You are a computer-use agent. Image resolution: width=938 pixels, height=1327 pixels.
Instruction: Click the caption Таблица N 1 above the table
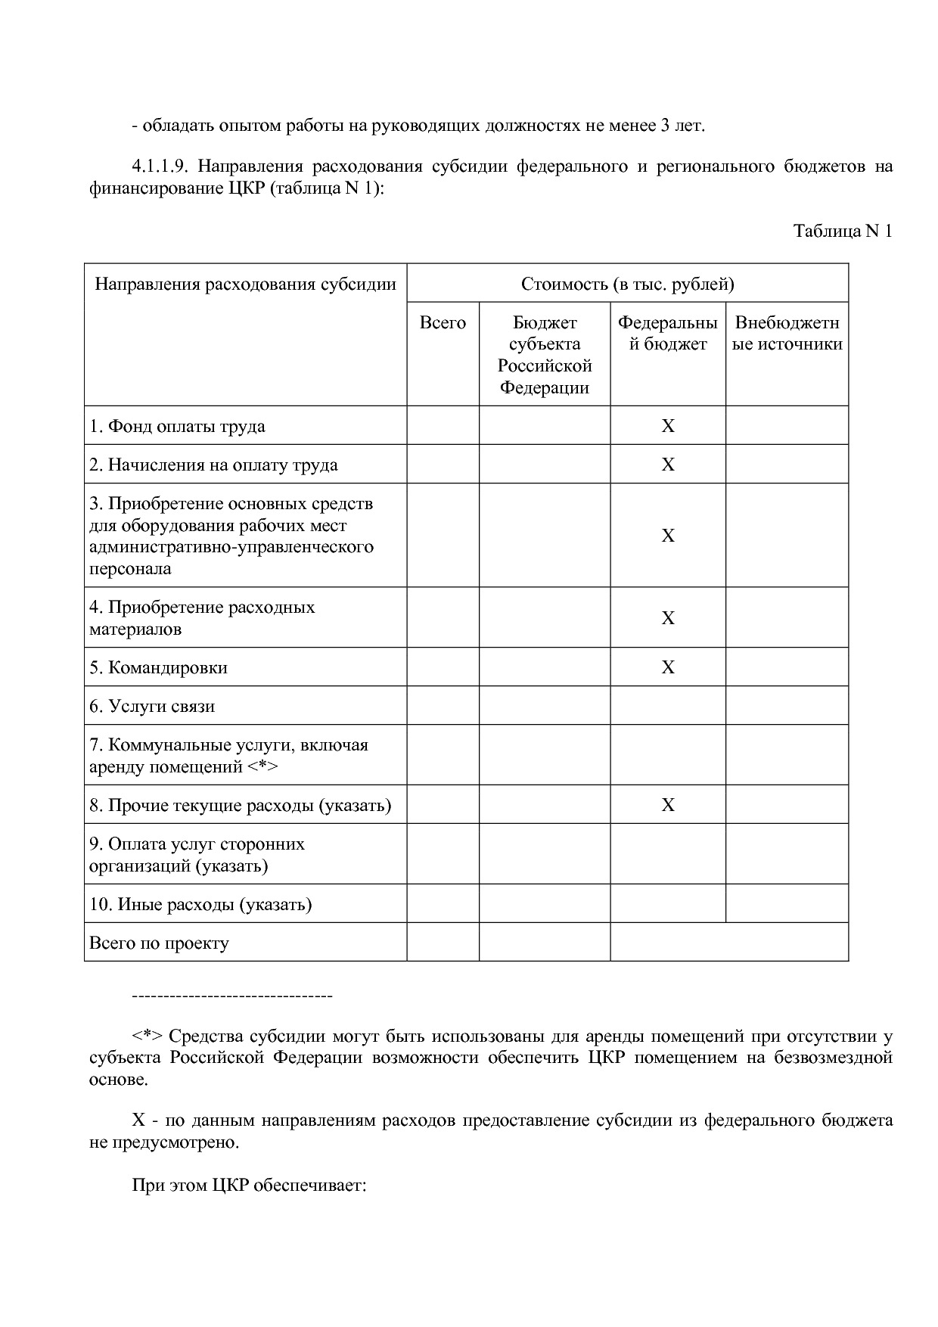(842, 231)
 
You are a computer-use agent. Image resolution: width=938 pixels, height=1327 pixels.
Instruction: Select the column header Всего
(443, 323)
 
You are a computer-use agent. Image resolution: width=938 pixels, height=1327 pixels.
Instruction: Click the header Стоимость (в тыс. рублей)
(627, 284)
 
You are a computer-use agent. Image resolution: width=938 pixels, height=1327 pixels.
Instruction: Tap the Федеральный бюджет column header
(667, 334)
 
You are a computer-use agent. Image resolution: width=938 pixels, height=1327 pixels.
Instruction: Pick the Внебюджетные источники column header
(787, 334)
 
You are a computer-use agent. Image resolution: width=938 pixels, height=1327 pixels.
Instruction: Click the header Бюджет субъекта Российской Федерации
(544, 355)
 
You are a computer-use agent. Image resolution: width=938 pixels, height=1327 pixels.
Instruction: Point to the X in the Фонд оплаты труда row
(667, 426)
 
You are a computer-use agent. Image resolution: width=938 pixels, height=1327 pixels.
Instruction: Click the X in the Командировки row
(667, 667)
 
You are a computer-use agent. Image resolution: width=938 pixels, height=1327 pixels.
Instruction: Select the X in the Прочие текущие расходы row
(667, 805)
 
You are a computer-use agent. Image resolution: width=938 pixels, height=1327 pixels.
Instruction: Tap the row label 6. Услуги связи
(152, 707)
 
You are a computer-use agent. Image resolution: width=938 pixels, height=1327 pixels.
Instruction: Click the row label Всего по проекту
(159, 943)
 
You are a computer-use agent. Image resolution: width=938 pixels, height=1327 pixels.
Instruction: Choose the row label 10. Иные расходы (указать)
(200, 905)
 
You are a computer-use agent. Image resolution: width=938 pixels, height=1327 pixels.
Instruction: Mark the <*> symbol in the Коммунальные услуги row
(262, 767)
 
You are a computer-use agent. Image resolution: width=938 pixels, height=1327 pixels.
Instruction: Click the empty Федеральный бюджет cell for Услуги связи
(667, 706)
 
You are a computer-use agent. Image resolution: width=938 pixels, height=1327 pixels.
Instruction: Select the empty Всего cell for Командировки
(443, 667)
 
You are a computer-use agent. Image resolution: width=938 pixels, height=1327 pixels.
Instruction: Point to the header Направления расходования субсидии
(245, 284)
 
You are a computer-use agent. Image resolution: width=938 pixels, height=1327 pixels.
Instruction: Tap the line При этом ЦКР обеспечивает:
(249, 1185)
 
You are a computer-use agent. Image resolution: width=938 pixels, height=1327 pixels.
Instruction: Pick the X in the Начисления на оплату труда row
(667, 465)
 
